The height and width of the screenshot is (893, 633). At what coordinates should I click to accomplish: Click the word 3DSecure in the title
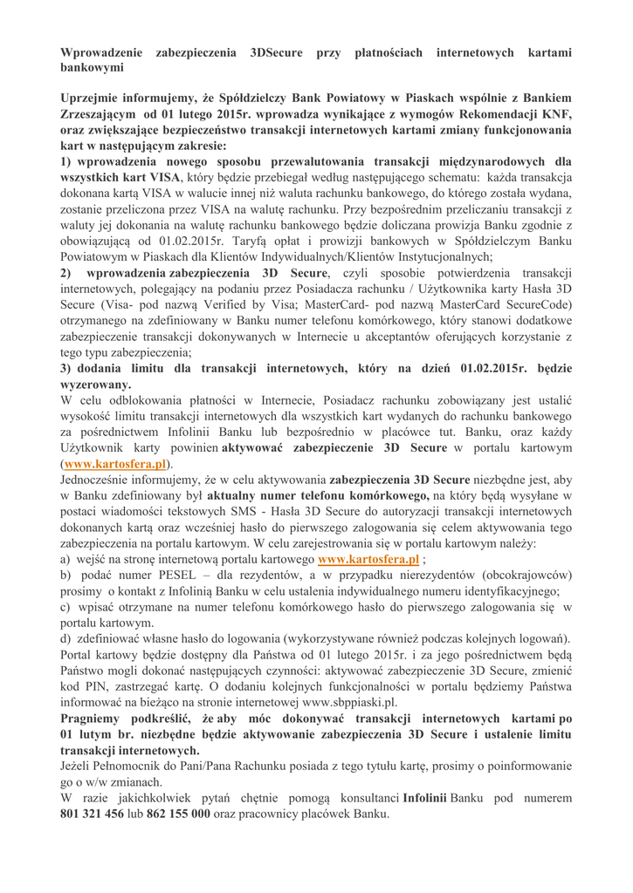tap(277, 52)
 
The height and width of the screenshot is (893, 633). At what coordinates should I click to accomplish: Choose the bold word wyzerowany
tap(95, 385)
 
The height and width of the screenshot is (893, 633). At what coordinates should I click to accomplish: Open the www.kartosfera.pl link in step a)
tap(369, 560)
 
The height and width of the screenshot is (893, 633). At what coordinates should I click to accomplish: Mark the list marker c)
tap(66, 608)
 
